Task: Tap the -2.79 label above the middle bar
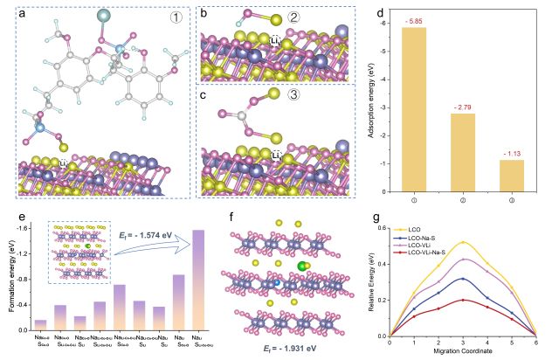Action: click(462, 106)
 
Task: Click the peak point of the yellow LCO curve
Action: click(462, 242)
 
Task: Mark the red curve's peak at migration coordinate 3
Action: click(462, 300)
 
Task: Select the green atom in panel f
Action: click(303, 267)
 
